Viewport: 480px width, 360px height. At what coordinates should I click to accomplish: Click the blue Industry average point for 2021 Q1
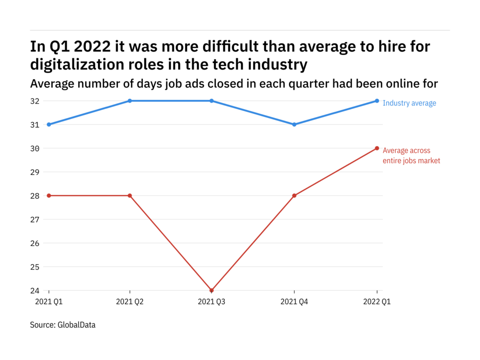click(x=49, y=124)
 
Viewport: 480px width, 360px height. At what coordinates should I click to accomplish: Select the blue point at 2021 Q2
click(x=130, y=101)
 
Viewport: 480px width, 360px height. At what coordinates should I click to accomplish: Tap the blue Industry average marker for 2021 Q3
click(x=212, y=101)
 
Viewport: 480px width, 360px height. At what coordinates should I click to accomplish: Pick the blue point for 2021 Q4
click(x=294, y=124)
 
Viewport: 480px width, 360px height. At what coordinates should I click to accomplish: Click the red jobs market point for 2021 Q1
click(x=49, y=195)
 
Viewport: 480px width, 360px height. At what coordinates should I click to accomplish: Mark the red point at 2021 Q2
click(x=130, y=195)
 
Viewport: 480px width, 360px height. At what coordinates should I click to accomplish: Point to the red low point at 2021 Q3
click(x=212, y=291)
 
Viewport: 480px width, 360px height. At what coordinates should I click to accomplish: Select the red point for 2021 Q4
click(x=294, y=195)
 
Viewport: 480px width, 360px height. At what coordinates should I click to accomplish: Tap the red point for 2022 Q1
click(x=377, y=148)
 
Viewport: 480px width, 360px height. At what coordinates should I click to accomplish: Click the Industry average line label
click(x=409, y=103)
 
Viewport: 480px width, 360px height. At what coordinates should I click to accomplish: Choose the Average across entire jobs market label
click(x=411, y=156)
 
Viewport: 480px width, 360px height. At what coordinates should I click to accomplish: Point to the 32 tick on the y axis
click(x=36, y=101)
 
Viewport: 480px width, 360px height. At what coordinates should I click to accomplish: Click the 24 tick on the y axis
click(x=36, y=291)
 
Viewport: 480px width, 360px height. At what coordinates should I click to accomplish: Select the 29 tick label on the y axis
click(x=36, y=172)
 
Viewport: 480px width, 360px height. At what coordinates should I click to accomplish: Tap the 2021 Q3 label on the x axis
click(x=212, y=302)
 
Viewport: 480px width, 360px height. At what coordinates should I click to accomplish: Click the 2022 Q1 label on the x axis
click(x=376, y=302)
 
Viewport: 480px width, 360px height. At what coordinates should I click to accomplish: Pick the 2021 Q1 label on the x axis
click(x=49, y=302)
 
